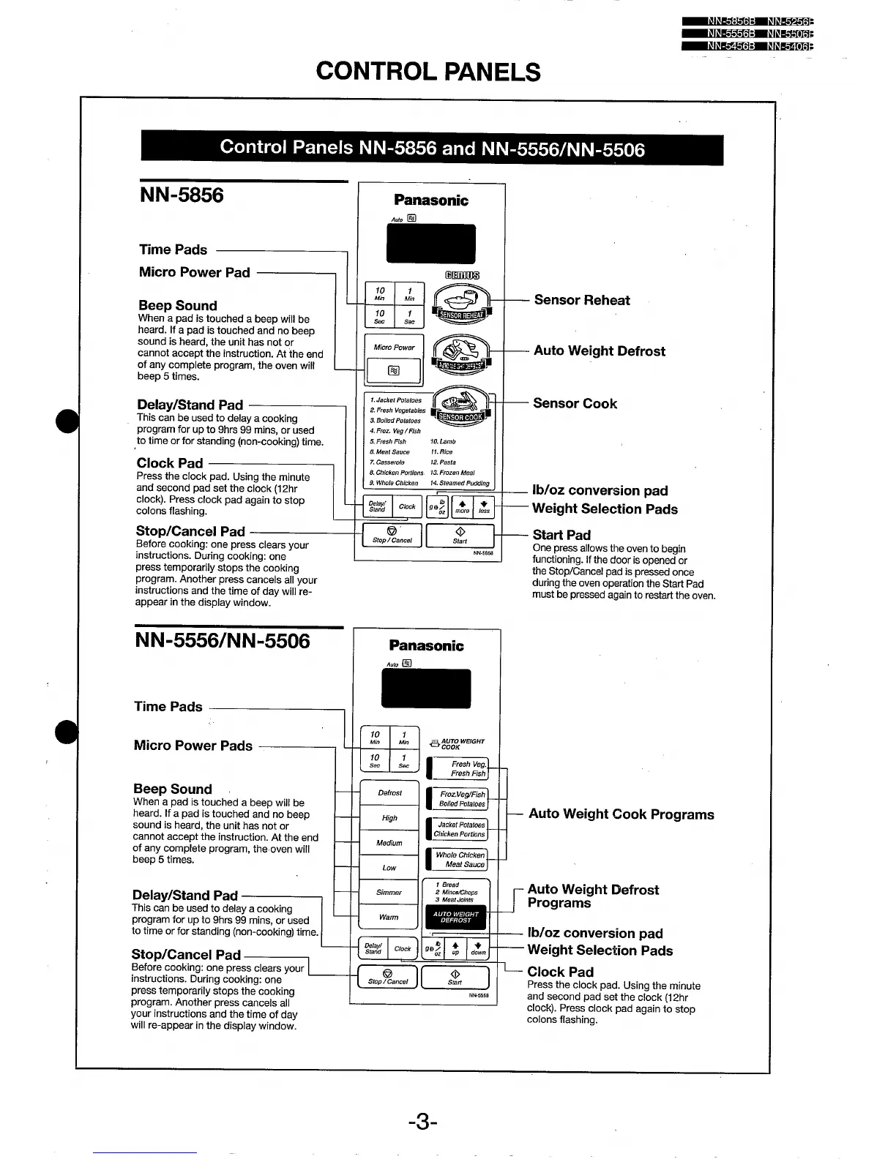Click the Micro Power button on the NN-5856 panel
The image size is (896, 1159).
tap(394, 348)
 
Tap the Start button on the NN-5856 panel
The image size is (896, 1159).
tap(460, 536)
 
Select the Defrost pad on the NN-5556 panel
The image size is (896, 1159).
tap(389, 793)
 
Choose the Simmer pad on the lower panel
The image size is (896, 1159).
tap(389, 893)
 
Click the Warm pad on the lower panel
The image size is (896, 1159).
tap(389, 918)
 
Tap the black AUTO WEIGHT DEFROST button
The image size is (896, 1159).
tap(455, 918)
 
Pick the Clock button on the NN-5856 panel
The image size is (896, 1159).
tap(407, 506)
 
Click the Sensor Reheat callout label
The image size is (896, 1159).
tap(581, 300)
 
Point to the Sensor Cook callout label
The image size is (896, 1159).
tap(575, 404)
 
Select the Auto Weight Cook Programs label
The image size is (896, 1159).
tap(621, 814)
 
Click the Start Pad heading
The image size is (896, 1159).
tap(561, 535)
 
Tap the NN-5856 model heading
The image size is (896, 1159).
tap(182, 195)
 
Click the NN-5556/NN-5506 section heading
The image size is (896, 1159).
tap(223, 641)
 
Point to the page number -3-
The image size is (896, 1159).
tap(423, 1122)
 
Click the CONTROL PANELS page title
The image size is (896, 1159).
tap(428, 72)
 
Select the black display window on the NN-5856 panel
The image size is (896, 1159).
tap(431, 244)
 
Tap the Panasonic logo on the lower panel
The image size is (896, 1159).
tap(426, 645)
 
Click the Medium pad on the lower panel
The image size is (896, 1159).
tap(389, 843)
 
